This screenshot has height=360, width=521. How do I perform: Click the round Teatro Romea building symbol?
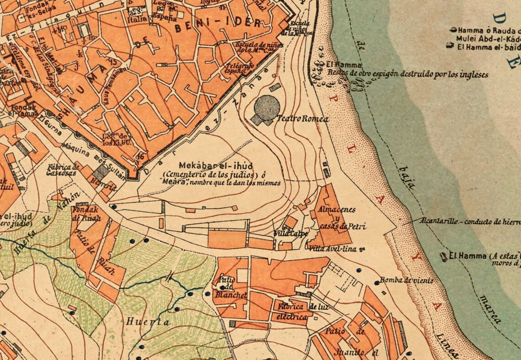266,108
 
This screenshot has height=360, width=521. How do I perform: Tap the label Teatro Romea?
303,119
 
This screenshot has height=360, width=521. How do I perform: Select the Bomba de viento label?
406,281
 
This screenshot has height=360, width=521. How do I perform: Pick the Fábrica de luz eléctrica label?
302,311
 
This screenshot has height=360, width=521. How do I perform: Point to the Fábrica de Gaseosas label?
63,169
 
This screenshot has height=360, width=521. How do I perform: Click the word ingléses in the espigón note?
472,74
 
